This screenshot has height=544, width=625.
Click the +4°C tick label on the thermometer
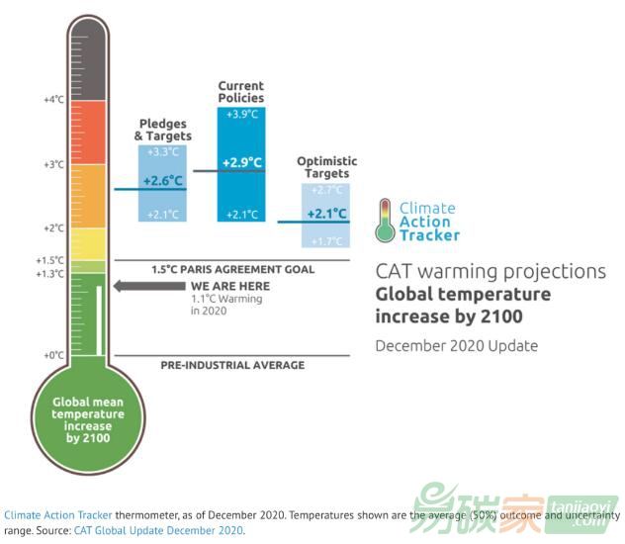53,100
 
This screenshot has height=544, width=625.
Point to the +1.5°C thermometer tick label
51,260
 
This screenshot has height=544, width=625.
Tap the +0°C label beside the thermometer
53,354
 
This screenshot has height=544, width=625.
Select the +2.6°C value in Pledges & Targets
162,181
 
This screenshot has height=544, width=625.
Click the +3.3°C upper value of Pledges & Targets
162,152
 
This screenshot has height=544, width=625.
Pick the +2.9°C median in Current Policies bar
241,162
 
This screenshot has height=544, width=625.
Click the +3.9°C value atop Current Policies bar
241,116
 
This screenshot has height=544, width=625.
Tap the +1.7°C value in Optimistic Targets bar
326,241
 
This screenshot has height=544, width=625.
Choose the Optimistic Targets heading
326,167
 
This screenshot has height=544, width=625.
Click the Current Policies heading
241,92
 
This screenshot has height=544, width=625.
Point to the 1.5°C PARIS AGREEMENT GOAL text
232,269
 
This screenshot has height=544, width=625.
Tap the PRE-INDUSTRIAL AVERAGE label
232,365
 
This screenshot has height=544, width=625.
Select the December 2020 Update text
456,345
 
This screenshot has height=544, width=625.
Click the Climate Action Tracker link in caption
57,515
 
